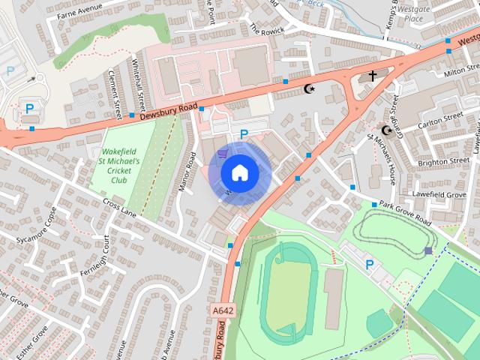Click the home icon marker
[x=239, y=173]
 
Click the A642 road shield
[x=222, y=310]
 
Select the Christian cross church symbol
[x=372, y=76]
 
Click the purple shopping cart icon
[x=222, y=154]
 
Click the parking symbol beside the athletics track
[x=369, y=264]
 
